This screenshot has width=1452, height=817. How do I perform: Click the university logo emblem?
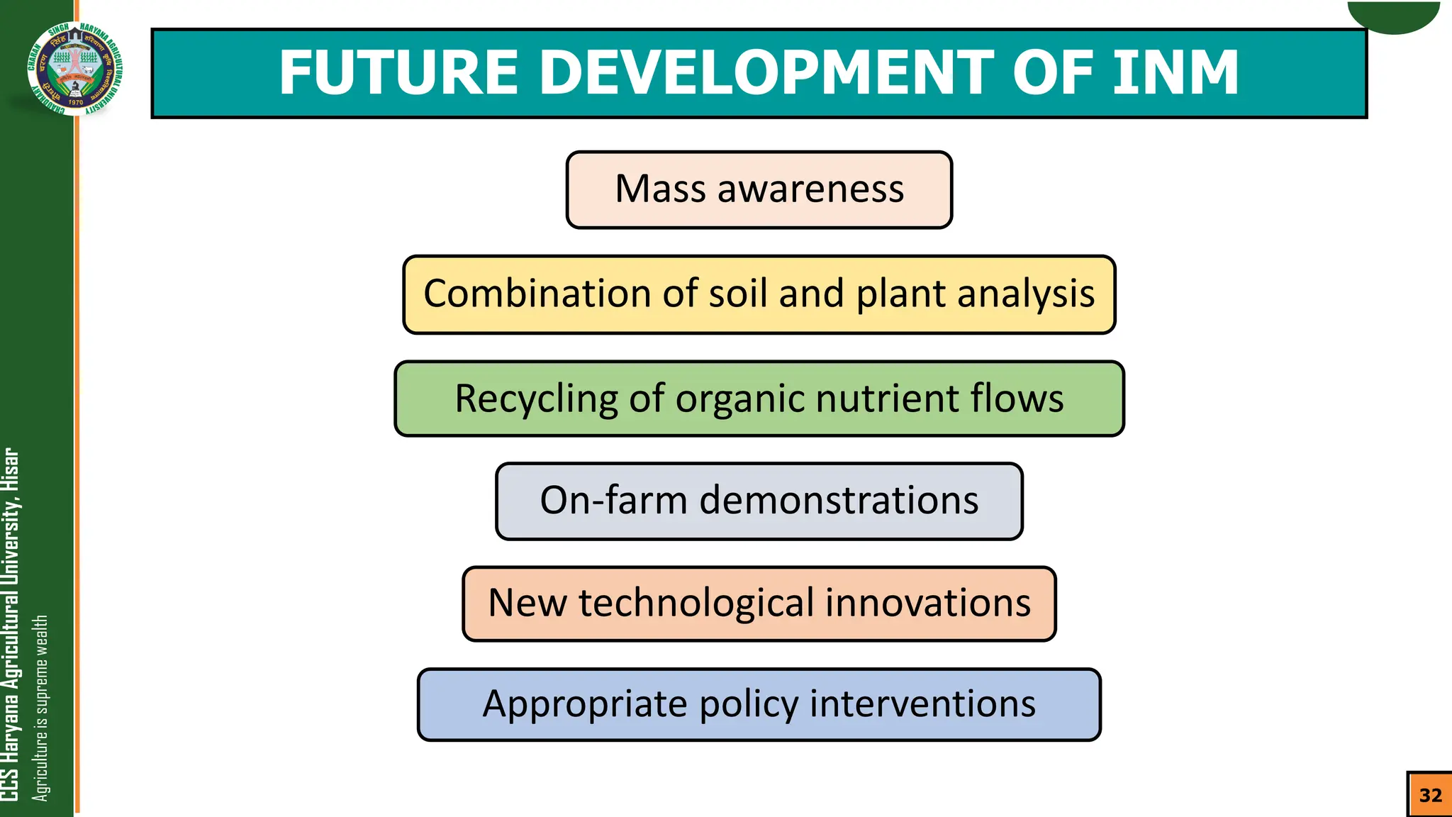point(75,68)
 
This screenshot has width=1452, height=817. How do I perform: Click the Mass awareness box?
point(759,189)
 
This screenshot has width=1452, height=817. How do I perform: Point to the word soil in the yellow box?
point(737,294)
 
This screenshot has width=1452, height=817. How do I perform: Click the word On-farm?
point(613,501)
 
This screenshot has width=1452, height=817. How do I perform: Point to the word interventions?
point(922,704)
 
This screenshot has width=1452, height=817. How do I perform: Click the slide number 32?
point(1430,795)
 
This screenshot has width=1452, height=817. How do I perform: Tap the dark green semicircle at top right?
point(1394,16)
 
